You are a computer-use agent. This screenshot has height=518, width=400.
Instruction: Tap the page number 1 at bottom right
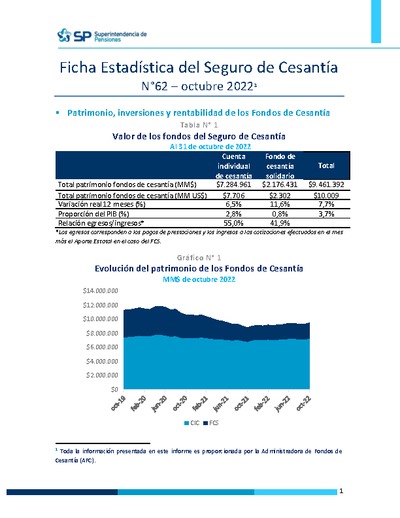(342, 491)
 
